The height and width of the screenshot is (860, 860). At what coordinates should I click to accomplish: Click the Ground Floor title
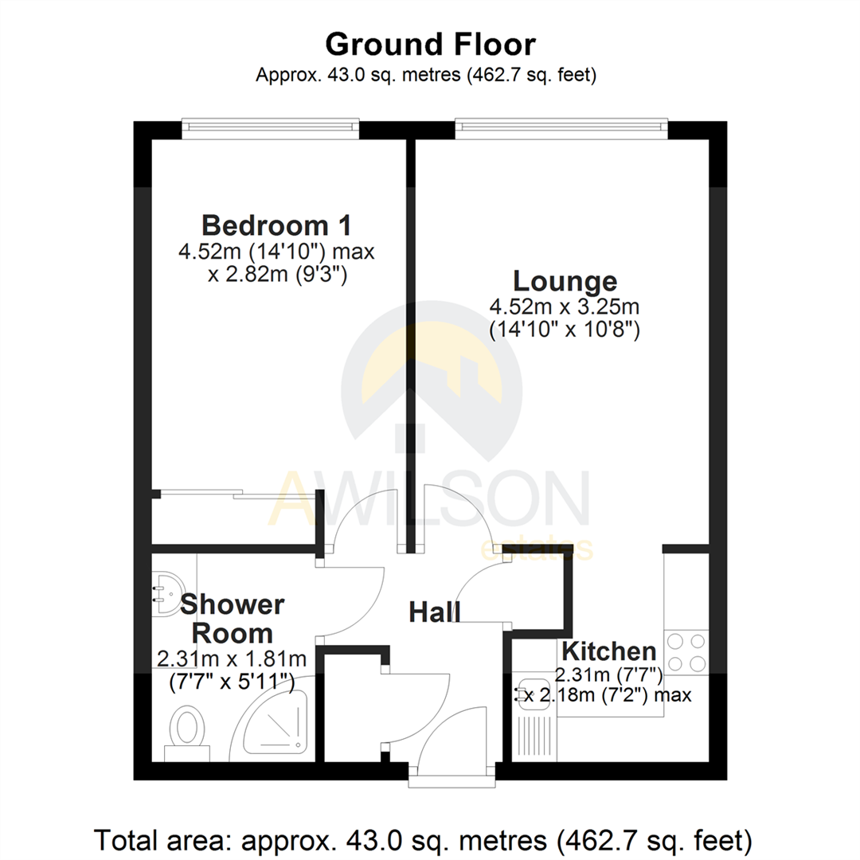[430, 45]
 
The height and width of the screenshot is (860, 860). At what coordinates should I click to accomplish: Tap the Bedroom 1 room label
[276, 225]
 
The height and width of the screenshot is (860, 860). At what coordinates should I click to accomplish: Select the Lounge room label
[565, 281]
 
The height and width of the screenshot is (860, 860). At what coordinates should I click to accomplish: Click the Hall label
[435, 612]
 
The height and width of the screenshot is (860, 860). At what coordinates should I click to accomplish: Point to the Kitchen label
[609, 650]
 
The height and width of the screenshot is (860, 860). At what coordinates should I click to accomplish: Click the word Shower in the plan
[232, 605]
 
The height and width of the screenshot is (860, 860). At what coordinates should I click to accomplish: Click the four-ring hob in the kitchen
[686, 652]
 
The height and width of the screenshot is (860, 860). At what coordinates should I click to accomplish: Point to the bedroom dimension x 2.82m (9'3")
[276, 276]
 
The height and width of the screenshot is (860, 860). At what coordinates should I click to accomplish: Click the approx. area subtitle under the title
[427, 76]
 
